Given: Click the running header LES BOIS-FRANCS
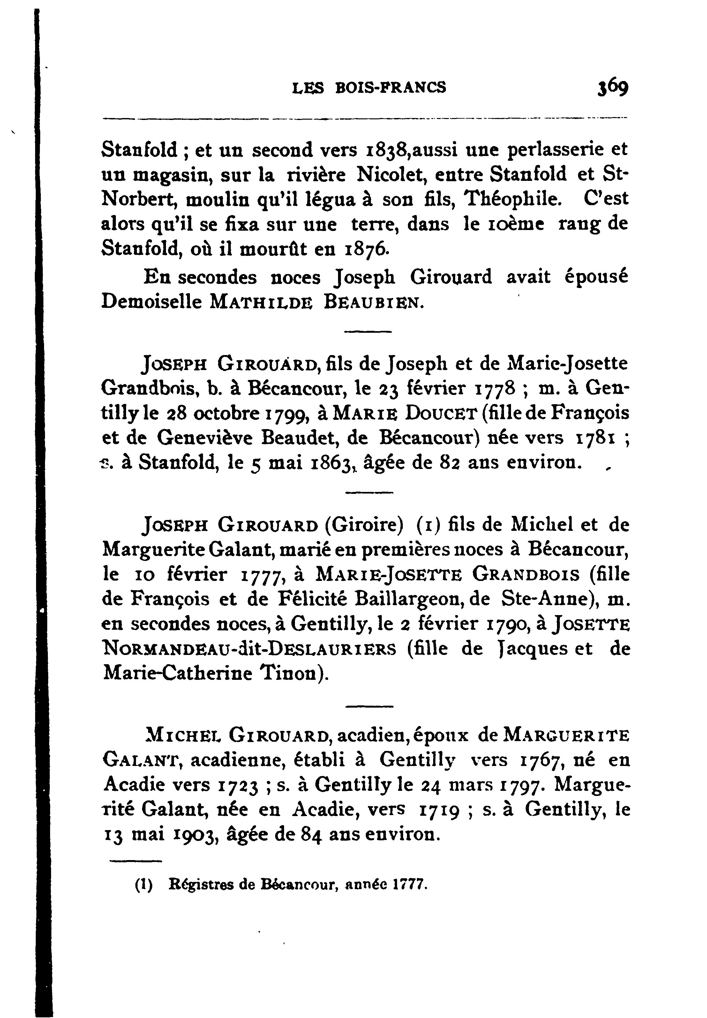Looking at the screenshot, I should [369, 88].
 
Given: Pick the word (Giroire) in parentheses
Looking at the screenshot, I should [364, 525].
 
